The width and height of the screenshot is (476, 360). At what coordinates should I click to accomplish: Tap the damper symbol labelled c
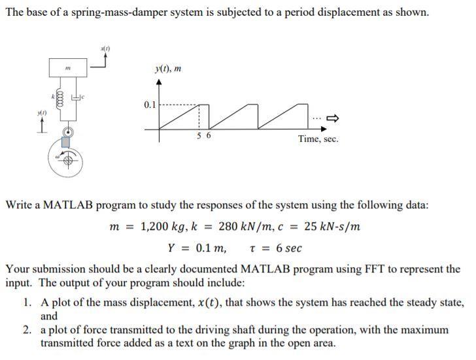tap(77, 99)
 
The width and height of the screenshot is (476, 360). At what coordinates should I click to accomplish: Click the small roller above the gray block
tap(67, 131)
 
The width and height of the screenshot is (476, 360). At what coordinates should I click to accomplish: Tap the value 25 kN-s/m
tap(332, 227)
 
